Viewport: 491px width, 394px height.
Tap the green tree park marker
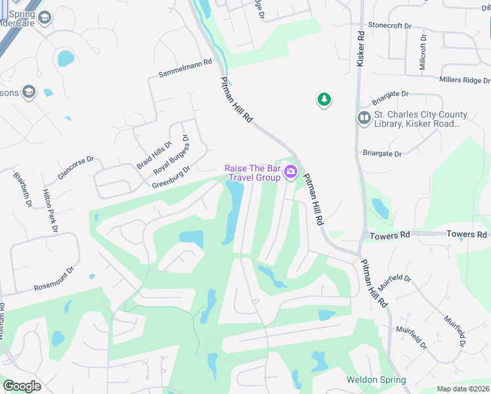pyautogui.click(x=324, y=100)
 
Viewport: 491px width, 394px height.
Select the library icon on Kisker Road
pyautogui.click(x=364, y=118)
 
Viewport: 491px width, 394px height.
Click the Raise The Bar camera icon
pyautogui.click(x=291, y=173)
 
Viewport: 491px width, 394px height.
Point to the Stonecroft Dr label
pyautogui.click(x=389, y=26)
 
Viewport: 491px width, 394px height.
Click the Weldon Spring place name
pyautogui.click(x=376, y=380)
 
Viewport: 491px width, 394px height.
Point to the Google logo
pyautogui.click(x=22, y=386)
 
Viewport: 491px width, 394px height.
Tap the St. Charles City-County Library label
pyautogui.click(x=421, y=119)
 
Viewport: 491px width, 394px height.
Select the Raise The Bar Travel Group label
pyautogui.click(x=253, y=173)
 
